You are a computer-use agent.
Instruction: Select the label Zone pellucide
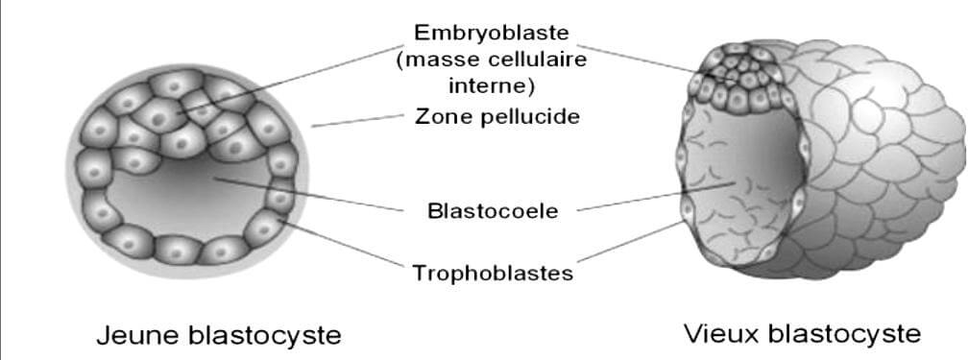(496, 117)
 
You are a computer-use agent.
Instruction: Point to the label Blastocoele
(492, 210)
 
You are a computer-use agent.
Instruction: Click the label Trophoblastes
(493, 274)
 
